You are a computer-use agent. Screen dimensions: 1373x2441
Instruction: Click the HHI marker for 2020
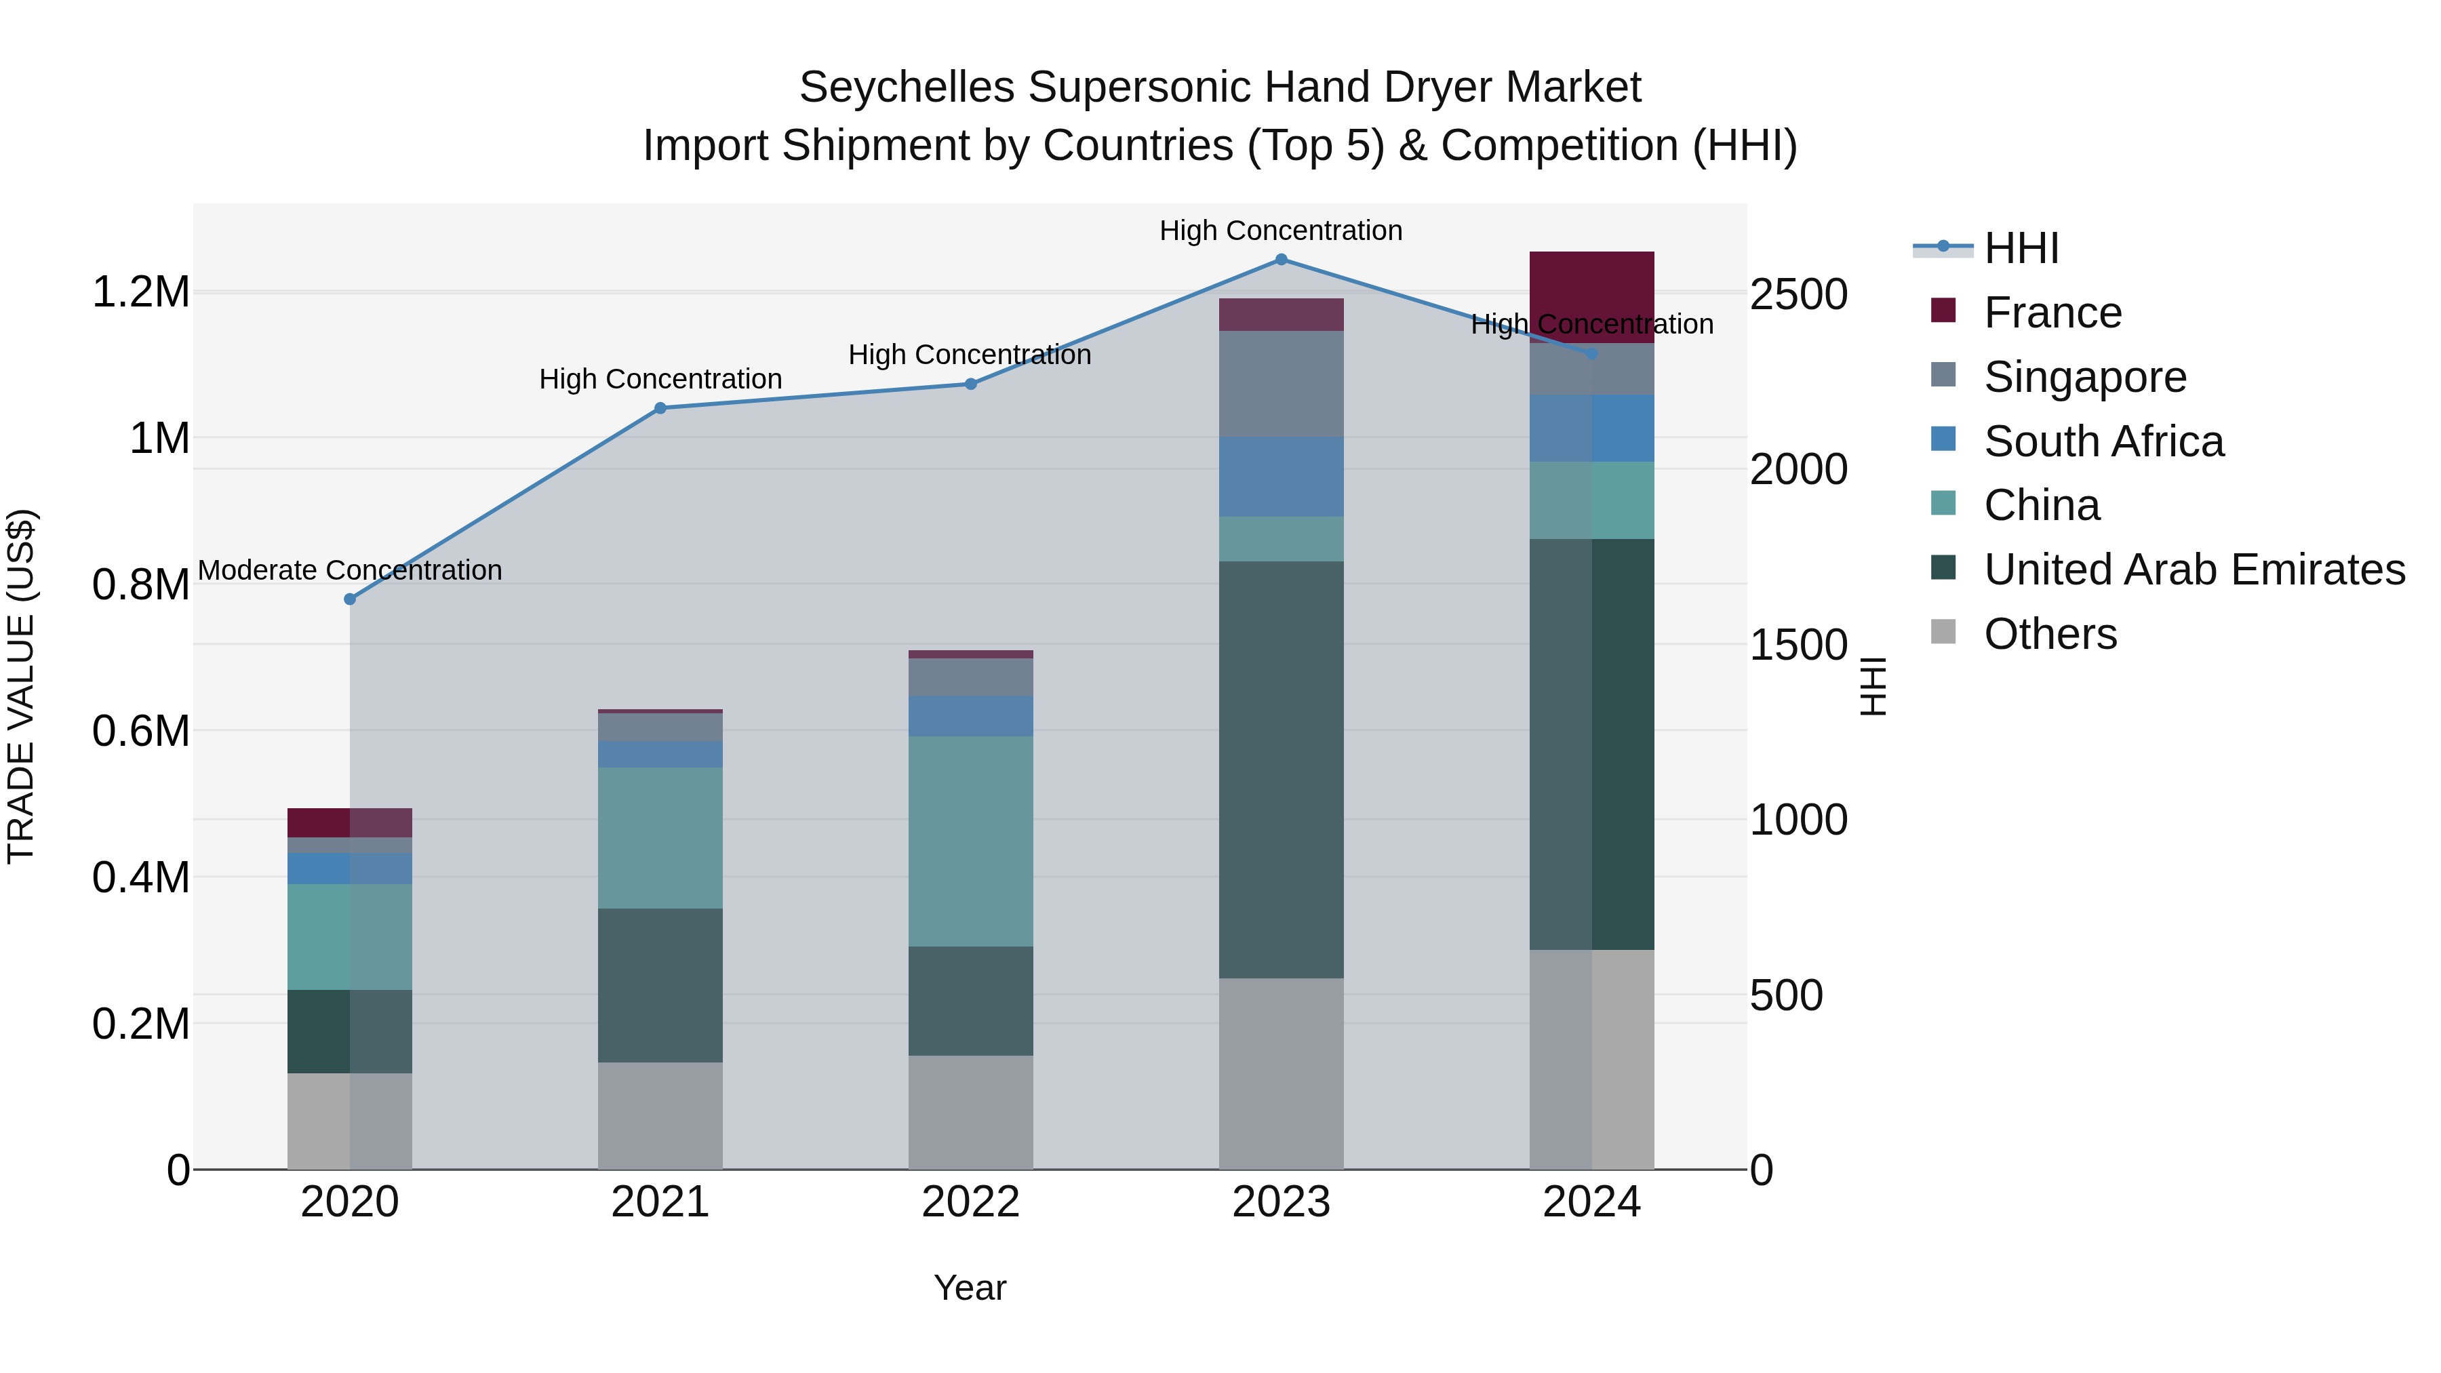(350, 599)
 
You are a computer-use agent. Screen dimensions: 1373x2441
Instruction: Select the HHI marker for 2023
(1281, 260)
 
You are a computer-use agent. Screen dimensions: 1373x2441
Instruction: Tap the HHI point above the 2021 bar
(660, 408)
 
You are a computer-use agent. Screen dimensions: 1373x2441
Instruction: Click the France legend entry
(2052, 313)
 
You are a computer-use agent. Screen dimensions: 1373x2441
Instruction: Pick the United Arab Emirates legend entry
(2194, 570)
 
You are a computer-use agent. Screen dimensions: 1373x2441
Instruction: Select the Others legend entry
(2050, 634)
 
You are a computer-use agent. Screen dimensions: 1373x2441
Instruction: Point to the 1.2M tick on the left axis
(140, 292)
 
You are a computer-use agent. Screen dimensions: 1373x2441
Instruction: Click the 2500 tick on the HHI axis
(1798, 295)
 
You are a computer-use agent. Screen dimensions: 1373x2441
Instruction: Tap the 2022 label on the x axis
(970, 1202)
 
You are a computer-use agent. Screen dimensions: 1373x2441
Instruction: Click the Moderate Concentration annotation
(350, 570)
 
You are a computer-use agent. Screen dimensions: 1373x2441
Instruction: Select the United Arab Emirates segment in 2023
(1281, 770)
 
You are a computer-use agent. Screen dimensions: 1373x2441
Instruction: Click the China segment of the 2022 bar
(970, 841)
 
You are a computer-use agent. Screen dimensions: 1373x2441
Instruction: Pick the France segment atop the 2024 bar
(1592, 284)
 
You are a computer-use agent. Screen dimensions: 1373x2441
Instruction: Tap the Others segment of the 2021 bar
(660, 1115)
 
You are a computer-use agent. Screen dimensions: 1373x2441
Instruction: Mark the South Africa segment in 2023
(1281, 477)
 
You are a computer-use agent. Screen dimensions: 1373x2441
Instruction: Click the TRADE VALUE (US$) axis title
(21, 686)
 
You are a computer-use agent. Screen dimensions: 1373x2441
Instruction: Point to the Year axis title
(970, 1288)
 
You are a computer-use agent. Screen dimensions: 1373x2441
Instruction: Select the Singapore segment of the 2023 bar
(1281, 384)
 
